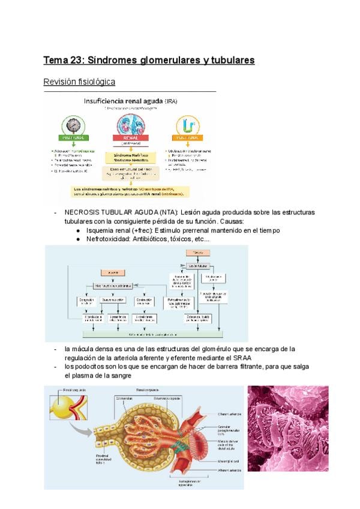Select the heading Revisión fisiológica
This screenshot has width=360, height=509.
coord(79,82)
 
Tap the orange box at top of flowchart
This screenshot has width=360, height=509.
coord(196,254)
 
